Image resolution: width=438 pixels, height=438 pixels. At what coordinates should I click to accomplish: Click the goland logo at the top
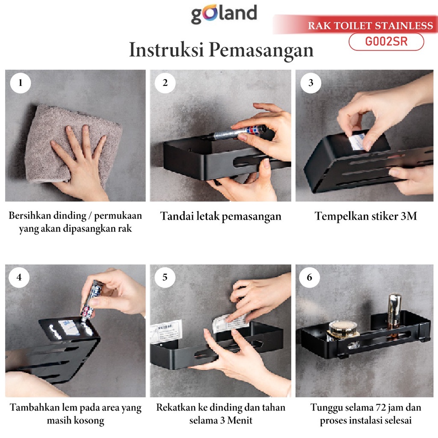click(x=224, y=14)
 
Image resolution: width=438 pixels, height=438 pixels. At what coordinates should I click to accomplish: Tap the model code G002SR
click(x=386, y=41)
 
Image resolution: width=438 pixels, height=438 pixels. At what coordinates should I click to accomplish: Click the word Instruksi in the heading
click(x=166, y=50)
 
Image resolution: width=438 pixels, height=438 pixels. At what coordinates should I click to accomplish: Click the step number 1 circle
click(x=21, y=83)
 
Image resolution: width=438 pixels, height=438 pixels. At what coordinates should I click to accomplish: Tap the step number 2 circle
click(x=165, y=83)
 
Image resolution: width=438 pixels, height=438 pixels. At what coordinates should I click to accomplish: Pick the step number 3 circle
click(x=311, y=83)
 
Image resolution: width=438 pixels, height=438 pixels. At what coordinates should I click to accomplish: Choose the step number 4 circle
click(x=19, y=277)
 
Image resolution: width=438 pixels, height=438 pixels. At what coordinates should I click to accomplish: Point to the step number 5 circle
click(x=165, y=277)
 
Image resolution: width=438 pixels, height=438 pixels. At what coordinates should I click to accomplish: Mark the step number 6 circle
click(x=310, y=277)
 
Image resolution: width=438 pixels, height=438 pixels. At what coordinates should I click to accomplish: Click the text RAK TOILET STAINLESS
click(x=370, y=26)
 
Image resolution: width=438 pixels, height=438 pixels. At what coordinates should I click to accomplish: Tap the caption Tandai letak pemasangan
click(x=221, y=216)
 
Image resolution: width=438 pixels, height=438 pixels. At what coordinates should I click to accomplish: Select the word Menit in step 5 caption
click(x=240, y=420)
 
